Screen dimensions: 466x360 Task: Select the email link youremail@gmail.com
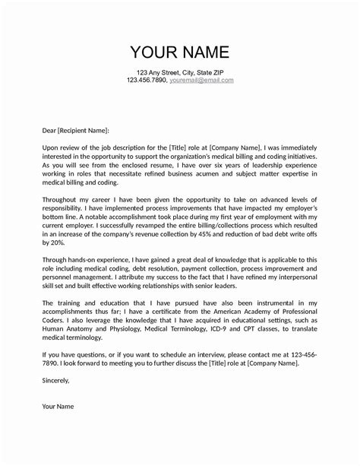click(x=201, y=80)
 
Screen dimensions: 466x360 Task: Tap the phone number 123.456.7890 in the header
click(x=147, y=80)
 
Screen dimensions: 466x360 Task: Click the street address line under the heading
click(x=180, y=71)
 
